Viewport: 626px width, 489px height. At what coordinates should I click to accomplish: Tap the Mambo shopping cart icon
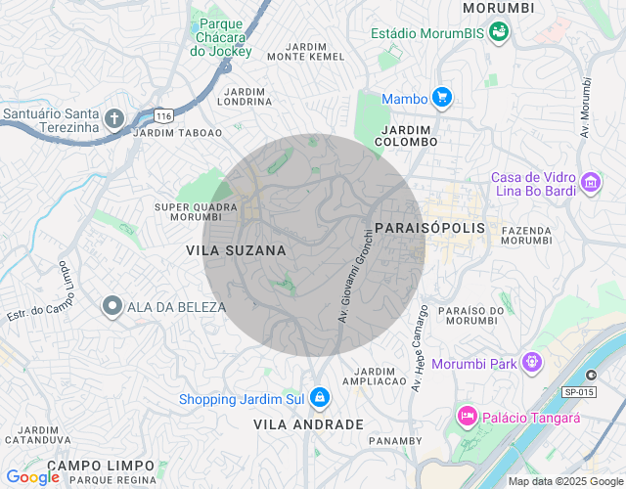442,98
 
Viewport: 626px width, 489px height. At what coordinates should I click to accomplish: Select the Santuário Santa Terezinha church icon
112,119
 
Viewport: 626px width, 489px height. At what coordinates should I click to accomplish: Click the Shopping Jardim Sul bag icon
319,397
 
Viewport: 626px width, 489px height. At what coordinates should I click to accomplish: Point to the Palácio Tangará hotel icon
467,417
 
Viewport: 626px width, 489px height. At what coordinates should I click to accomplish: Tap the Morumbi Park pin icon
531,362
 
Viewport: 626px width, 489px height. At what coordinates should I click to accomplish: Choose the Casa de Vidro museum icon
590,182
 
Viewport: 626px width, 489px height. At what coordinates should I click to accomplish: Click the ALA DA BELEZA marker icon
112,306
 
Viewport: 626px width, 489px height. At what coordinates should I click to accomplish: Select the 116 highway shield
163,115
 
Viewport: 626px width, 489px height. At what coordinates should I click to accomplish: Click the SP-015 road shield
579,392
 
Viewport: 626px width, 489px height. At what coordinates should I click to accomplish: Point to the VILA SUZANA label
236,251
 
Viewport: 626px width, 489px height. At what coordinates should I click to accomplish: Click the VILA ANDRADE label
308,424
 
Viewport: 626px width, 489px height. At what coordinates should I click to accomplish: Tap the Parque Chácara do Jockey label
222,36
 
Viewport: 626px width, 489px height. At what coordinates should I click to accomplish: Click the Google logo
32,477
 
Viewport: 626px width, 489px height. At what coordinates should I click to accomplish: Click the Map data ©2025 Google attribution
565,481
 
